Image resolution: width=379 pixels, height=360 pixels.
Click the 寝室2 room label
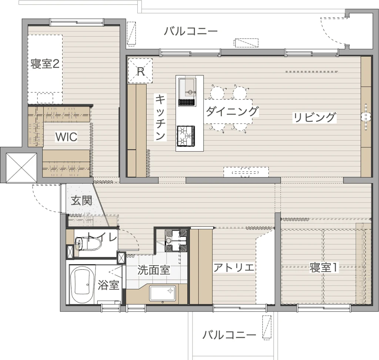(45, 64)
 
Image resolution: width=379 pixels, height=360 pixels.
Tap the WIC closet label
(66, 137)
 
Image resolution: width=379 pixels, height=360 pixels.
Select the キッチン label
(160, 117)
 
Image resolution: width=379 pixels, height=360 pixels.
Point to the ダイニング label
(232, 111)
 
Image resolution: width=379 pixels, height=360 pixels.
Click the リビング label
(314, 117)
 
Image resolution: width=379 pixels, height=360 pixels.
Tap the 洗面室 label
(154, 270)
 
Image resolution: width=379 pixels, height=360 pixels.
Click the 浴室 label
(108, 285)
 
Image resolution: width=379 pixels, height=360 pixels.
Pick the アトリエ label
(234, 267)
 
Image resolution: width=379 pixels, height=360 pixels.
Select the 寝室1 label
(323, 268)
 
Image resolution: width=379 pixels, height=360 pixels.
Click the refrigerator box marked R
(140, 71)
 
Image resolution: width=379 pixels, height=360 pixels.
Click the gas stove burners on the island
(186, 136)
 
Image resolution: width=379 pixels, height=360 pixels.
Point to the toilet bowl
(88, 243)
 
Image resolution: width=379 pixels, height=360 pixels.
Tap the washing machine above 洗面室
(176, 240)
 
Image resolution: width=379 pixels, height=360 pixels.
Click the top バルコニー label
(191, 31)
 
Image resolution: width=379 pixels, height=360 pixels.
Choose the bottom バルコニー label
(229, 335)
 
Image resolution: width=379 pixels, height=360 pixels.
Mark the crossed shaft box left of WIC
(21, 168)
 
